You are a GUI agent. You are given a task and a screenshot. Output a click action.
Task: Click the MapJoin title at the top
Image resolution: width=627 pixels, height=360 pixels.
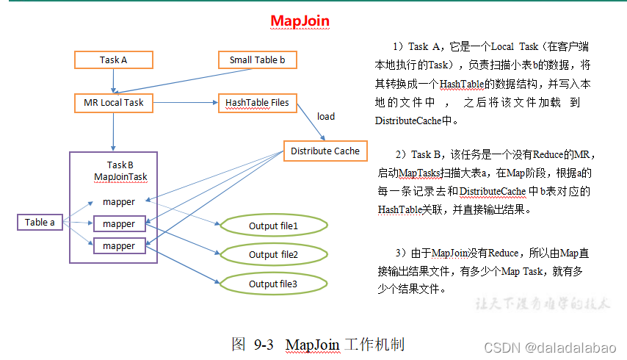click(x=300, y=21)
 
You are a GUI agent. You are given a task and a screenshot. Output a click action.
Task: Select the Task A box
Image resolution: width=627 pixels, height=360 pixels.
click(x=114, y=60)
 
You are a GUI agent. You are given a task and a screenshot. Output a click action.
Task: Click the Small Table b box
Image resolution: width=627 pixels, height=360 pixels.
click(x=257, y=60)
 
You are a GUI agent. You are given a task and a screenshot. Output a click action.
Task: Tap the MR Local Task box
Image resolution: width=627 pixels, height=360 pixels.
click(x=114, y=103)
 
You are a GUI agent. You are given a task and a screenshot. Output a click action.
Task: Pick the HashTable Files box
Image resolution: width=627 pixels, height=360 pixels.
click(x=257, y=103)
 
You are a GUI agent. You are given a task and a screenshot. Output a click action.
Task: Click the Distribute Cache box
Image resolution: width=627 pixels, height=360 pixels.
click(x=325, y=151)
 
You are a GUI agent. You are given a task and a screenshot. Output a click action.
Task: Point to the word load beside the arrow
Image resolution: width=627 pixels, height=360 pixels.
click(x=326, y=116)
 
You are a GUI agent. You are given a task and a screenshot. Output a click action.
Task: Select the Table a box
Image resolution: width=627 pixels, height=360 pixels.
click(x=40, y=222)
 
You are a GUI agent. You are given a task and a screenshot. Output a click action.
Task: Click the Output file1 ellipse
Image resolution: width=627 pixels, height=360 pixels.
click(x=273, y=226)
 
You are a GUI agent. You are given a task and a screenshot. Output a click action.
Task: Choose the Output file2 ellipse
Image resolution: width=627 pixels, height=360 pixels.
click(x=273, y=254)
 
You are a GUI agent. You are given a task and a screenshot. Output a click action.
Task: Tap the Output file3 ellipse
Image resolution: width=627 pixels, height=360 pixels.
click(x=273, y=284)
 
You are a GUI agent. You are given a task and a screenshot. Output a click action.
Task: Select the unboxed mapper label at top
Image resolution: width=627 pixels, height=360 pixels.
click(x=119, y=201)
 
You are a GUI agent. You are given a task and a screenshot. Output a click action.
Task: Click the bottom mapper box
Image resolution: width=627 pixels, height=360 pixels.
click(x=119, y=245)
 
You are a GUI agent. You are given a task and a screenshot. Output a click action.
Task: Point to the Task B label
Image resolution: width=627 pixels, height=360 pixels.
click(x=120, y=165)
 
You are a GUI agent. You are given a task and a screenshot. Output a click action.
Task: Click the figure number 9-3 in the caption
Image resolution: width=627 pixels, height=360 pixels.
click(x=264, y=345)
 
